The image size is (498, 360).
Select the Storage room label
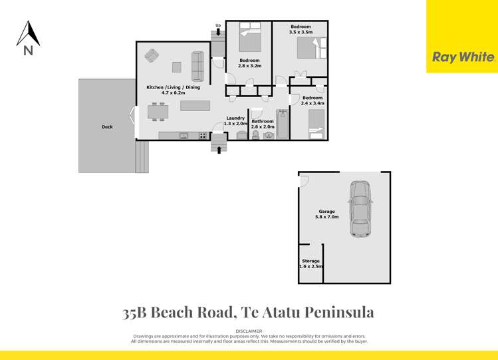tap(311, 261)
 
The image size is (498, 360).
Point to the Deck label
tap(107, 126)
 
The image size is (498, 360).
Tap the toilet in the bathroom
tap(255, 135)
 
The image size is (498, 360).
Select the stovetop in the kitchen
tap(201, 136)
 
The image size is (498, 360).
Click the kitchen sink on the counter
tap(183, 136)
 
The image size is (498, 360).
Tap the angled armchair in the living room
tap(152, 55)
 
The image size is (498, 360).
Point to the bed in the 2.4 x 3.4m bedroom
tap(316, 124)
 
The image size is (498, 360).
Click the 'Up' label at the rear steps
tap(217, 25)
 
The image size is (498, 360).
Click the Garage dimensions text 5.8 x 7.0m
tap(327, 218)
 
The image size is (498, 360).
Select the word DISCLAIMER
tap(249, 331)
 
